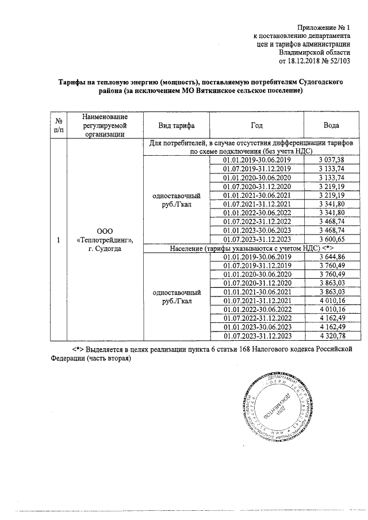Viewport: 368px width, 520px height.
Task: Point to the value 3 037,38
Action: coord(331,160)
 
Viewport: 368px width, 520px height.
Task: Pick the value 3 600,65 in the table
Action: coord(331,239)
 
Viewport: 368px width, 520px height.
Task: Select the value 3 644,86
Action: coord(331,257)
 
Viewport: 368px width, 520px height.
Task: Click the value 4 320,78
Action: coord(331,336)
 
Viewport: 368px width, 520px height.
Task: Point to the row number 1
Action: coord(58,240)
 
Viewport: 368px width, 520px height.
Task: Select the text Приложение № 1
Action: coord(324,27)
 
